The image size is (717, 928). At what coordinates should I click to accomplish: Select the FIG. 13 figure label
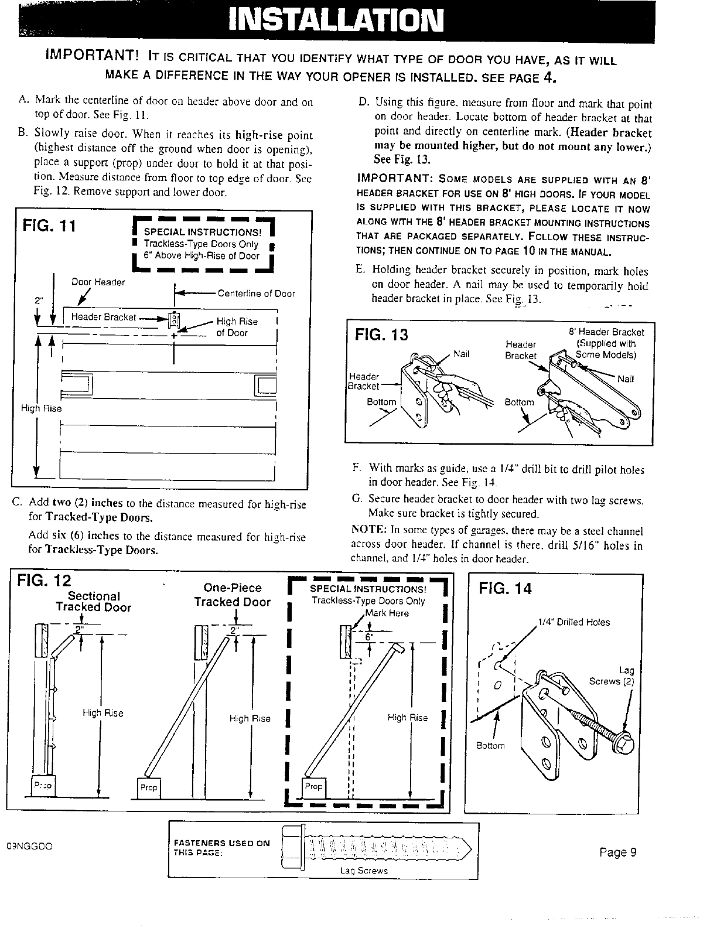tap(381, 336)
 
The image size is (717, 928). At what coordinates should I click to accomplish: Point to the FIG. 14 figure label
tap(506, 588)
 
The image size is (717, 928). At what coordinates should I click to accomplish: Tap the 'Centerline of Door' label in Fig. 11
tap(256, 294)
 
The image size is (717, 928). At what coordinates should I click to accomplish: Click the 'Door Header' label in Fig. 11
tap(98, 282)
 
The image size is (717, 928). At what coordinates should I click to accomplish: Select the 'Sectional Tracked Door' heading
tap(94, 602)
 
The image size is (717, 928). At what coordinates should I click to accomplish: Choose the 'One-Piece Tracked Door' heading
tap(233, 595)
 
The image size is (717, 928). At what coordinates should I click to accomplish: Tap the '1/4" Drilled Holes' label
tap(573, 622)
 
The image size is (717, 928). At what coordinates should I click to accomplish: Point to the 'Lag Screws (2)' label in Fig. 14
tap(612, 675)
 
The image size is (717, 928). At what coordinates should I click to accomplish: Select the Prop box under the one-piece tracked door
tap(149, 787)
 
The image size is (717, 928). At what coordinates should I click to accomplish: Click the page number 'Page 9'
tap(617, 852)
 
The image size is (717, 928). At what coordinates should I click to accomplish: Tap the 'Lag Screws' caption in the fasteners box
tap(364, 871)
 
